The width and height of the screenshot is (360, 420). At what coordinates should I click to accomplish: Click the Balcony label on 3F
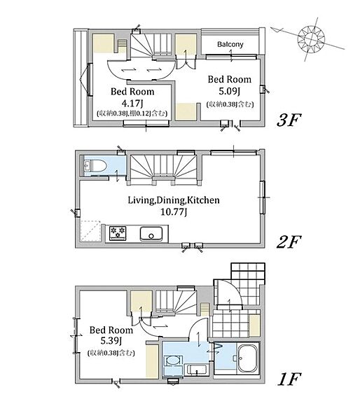[x=230, y=44]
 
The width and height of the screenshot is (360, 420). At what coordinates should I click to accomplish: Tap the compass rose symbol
[x=312, y=38]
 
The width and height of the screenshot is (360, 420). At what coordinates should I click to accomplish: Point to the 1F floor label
[x=289, y=379]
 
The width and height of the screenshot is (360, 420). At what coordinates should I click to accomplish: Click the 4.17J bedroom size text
[x=132, y=103]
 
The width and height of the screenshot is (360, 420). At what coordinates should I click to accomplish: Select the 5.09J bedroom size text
[x=229, y=91]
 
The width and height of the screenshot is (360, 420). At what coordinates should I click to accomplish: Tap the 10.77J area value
[x=174, y=212]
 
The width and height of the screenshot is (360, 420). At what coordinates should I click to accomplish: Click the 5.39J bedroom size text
[x=111, y=341]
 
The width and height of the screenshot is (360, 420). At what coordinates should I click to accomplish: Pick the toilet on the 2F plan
[x=95, y=165]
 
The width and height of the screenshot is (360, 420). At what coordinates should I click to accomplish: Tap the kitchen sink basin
[x=151, y=234]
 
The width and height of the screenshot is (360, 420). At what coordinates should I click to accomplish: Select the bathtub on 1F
[x=248, y=358]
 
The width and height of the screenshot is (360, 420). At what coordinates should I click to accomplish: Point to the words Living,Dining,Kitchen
[x=174, y=200]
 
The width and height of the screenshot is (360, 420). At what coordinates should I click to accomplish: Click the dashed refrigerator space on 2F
[x=90, y=231]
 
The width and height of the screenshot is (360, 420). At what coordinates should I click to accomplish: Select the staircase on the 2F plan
[x=163, y=169]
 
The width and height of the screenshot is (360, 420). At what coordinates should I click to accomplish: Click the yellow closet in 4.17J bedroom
[x=103, y=43]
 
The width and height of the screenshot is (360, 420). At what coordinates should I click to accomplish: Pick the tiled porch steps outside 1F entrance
[x=248, y=284]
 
